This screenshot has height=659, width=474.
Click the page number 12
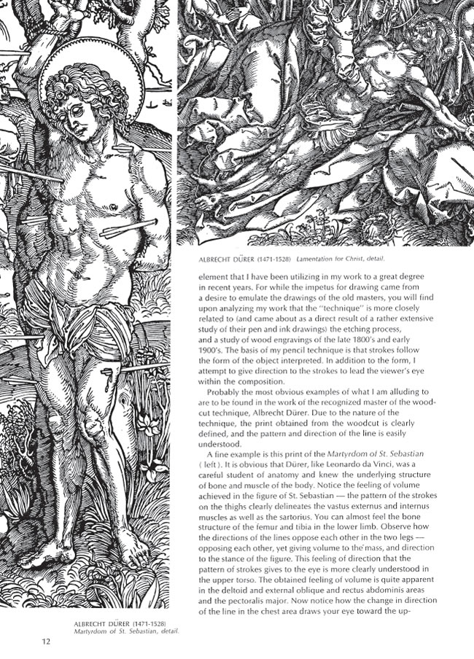(x=46, y=642)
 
